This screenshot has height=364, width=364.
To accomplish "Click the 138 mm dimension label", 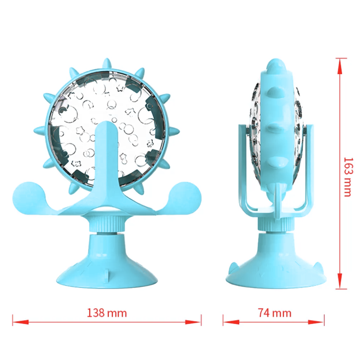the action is coord(107,313).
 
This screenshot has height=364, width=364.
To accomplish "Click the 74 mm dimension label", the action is coord(274,313).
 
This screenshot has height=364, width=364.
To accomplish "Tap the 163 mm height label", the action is coord(348,177).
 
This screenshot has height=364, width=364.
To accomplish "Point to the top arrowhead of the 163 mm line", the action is coord(340,66).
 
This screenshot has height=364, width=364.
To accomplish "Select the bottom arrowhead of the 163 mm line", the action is coord(340,281).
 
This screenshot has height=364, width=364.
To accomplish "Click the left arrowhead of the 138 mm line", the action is coord(21,322).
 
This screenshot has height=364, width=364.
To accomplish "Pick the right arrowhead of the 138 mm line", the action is coord(193,322).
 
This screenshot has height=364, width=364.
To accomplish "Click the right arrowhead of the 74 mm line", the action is coord(316,322).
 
